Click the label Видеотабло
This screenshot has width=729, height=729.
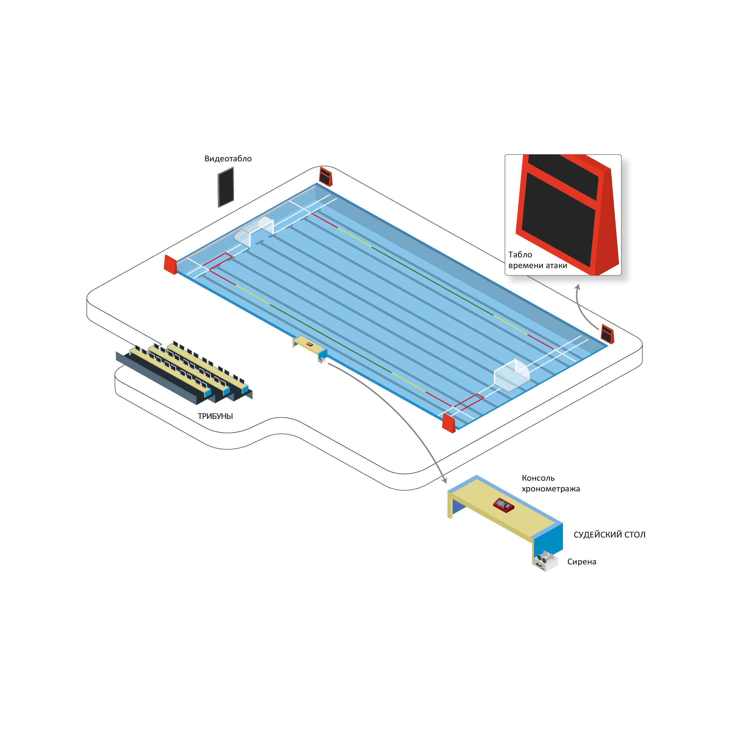point(228,159)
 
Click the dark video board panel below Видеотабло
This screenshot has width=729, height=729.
point(226,187)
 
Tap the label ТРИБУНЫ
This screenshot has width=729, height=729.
point(215,416)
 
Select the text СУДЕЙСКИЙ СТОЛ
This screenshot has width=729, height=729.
point(609,535)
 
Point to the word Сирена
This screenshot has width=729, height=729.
point(581,562)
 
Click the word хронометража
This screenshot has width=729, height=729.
point(551,489)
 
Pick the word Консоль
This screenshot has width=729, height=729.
point(538,478)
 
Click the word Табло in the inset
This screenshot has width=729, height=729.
point(520,255)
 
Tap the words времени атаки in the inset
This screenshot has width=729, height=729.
point(538,266)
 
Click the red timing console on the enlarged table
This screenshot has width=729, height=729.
point(503,505)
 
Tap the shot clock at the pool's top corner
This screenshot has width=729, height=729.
point(326,177)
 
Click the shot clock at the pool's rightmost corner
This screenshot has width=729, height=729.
point(607,334)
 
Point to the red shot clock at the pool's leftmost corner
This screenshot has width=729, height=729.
point(170,264)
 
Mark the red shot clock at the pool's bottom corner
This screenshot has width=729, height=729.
point(449,423)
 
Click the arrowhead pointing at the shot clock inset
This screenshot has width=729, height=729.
point(577,287)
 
